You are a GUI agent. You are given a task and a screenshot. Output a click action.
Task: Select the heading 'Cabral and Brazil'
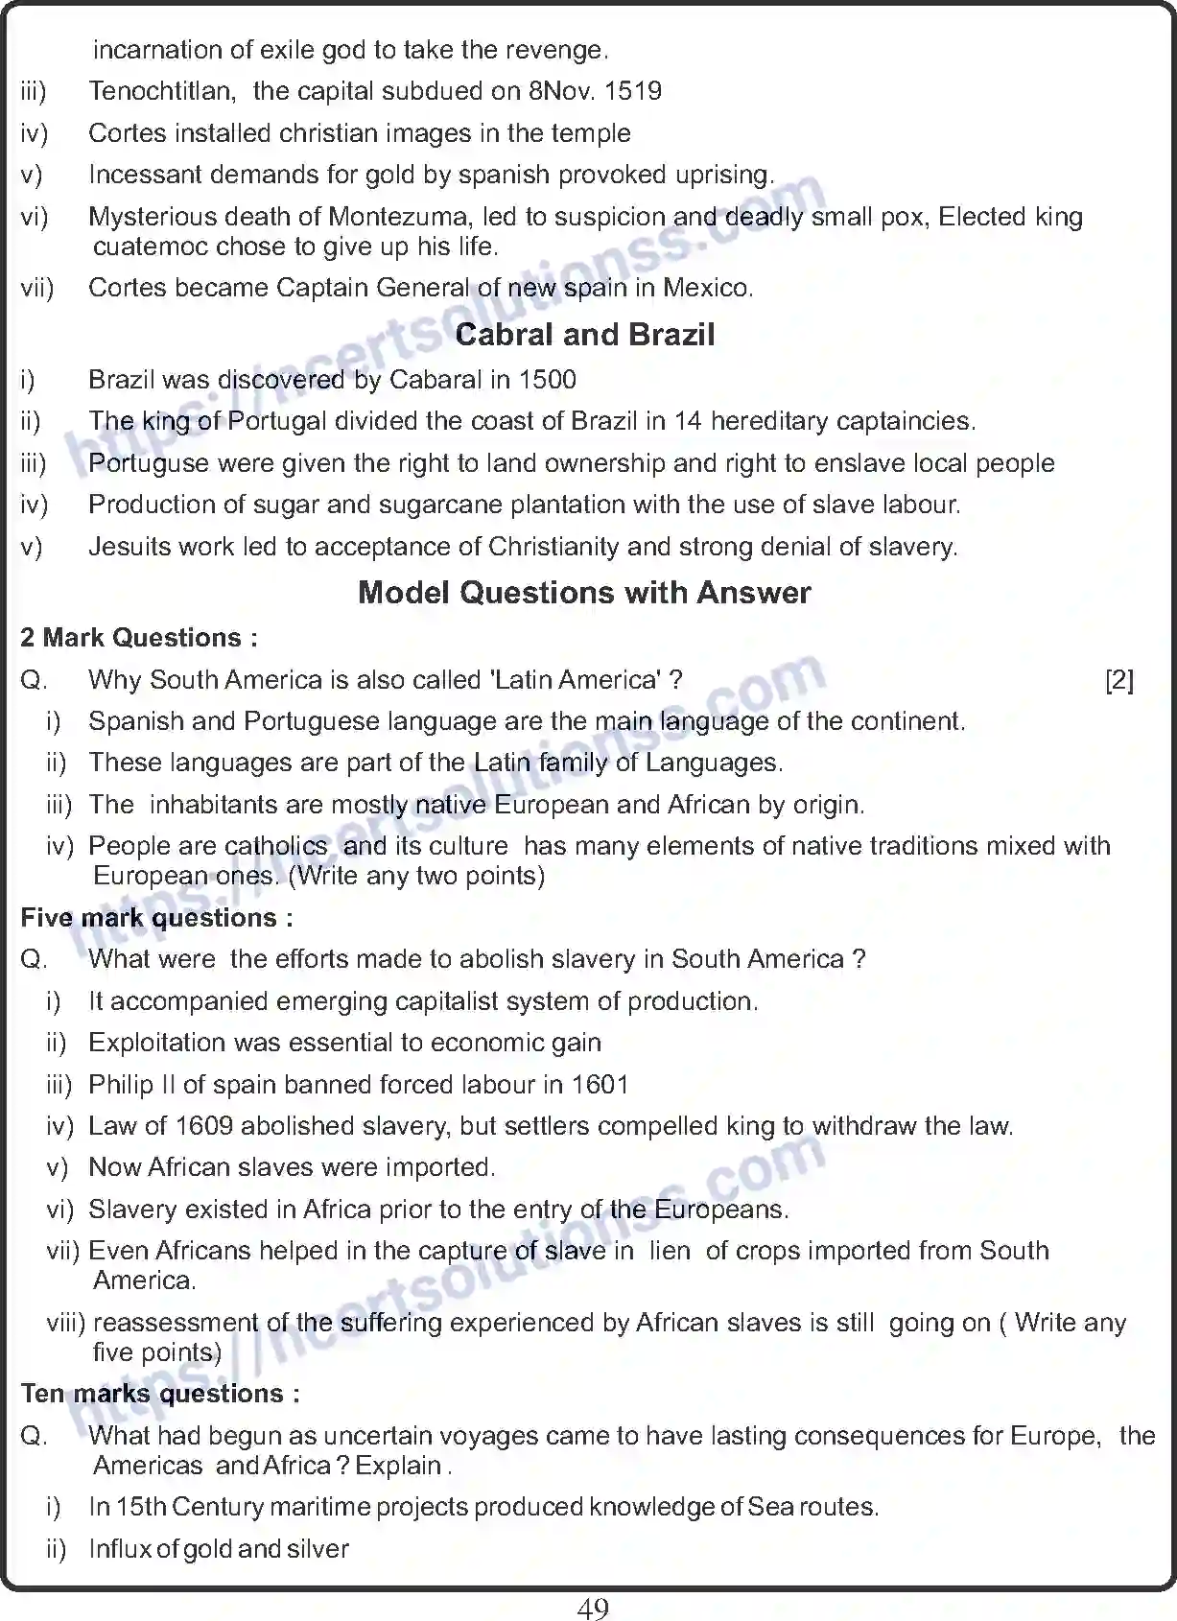point(585,335)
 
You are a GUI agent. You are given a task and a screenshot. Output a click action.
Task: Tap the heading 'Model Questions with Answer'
point(584,593)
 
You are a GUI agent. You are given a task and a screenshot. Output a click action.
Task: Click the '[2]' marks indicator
point(1118,680)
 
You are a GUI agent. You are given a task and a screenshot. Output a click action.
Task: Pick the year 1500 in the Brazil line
point(547,380)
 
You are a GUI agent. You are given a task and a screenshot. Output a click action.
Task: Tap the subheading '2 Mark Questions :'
point(139,638)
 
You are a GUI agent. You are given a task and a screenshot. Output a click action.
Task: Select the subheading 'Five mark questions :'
point(156,918)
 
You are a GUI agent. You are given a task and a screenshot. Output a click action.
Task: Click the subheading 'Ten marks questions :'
point(160,1394)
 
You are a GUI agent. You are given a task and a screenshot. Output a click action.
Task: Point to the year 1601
point(600,1085)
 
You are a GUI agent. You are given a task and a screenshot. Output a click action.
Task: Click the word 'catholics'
point(274,846)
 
